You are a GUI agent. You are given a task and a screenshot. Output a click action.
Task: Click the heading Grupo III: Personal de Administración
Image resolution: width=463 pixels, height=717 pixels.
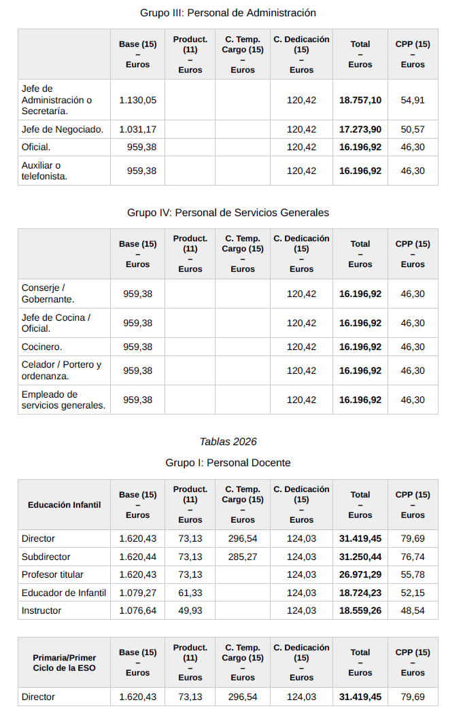pos(228,13)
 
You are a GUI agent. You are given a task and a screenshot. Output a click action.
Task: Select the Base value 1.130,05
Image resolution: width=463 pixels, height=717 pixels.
pos(137,100)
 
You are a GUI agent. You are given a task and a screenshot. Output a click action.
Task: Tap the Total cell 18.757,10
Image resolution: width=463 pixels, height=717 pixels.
pos(360,100)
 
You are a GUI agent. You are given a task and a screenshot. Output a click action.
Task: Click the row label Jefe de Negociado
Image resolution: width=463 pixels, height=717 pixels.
pos(63,129)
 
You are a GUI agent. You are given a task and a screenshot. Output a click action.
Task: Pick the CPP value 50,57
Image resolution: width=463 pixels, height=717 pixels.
pos(413,129)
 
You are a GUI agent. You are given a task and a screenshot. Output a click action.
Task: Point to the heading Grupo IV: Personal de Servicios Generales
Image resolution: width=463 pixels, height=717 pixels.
pos(228,213)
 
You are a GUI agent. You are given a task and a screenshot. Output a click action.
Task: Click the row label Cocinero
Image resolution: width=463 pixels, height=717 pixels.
pos(41,347)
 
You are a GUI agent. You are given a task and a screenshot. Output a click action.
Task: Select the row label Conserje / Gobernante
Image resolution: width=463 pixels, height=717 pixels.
pos(48,293)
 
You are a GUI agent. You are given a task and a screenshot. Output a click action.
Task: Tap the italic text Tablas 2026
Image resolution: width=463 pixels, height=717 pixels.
pos(228,442)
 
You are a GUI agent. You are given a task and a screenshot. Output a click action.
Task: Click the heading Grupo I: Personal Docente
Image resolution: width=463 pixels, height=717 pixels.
pos(228,463)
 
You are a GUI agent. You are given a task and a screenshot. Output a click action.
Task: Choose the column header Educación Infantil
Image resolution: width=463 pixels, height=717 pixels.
pos(65,505)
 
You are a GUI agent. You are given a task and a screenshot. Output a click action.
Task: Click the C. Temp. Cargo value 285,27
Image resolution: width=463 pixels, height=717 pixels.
pos(243,557)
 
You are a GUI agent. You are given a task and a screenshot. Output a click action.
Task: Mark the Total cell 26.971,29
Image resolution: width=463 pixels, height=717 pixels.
pos(360,575)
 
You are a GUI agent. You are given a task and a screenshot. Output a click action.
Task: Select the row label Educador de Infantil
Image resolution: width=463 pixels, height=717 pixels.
pos(64,593)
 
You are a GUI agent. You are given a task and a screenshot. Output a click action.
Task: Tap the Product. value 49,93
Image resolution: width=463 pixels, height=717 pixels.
pos(190,610)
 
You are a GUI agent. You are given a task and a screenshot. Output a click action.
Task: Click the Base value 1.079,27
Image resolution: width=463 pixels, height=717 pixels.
pos(137,593)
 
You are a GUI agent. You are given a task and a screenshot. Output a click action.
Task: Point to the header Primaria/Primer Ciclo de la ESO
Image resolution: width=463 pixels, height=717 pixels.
pos(65,663)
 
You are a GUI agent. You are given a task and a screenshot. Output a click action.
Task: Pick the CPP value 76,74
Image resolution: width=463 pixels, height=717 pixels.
pos(413,557)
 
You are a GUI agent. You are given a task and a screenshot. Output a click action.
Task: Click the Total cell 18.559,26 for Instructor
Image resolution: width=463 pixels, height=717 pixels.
pos(360,610)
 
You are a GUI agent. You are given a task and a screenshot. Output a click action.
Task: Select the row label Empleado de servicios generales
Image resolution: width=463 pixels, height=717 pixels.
pos(63,400)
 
